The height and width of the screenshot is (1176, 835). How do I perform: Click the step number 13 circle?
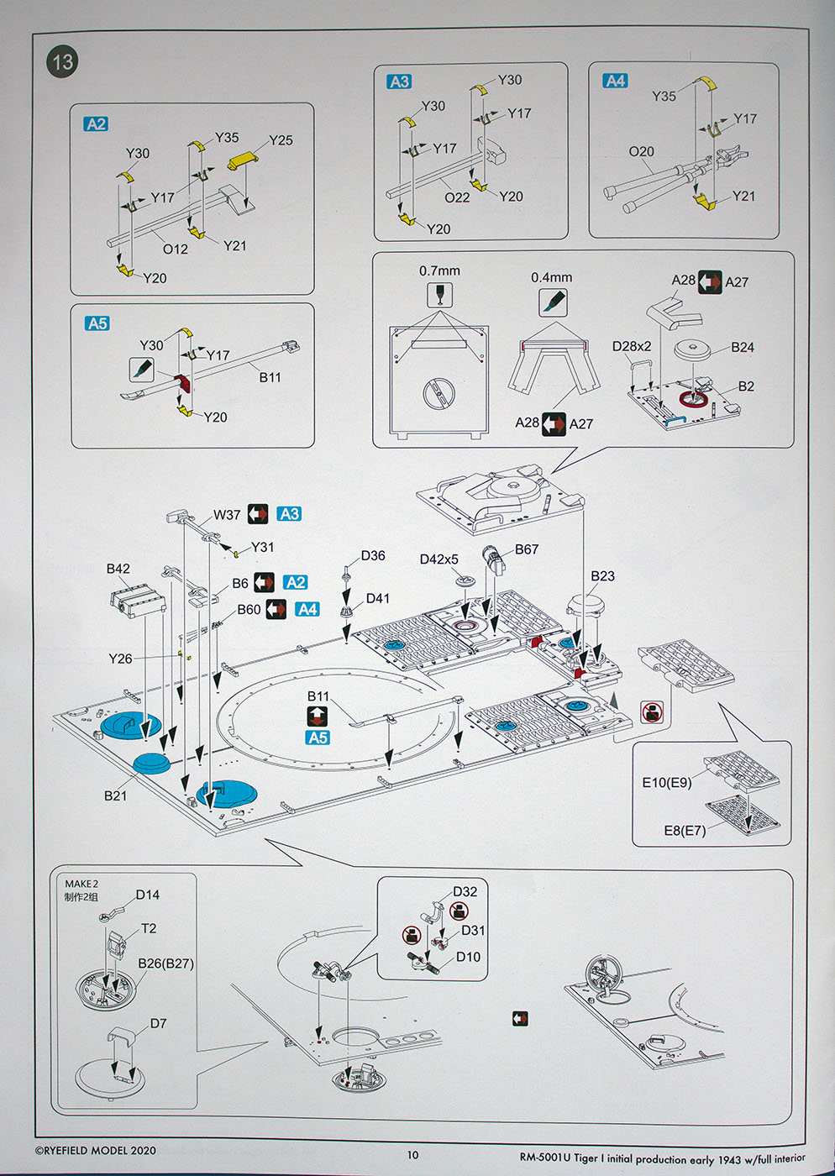62,62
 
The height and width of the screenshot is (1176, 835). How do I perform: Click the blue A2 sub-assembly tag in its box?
97,124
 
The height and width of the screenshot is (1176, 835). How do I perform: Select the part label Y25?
281,140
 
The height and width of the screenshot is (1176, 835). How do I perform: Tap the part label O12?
176,249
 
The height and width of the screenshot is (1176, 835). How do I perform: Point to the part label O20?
641,151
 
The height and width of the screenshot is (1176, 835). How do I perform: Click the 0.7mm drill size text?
439,270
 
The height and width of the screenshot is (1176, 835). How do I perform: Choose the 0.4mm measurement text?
551,277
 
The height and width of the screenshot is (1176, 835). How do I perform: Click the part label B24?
742,347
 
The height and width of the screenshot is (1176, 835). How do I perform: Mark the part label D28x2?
632,346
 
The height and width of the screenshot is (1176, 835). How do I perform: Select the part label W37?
227,514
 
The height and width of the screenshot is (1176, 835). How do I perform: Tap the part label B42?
118,569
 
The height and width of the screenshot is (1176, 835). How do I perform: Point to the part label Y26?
120,659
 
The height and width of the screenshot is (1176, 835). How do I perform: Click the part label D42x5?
439,559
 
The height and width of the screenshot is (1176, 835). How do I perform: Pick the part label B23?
602,576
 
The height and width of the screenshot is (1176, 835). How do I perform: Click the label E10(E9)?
667,782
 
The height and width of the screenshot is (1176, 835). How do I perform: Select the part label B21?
116,795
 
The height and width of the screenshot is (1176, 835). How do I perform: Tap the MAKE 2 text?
81,884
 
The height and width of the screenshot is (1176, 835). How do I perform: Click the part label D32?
465,892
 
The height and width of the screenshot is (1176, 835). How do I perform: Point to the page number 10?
412,1155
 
